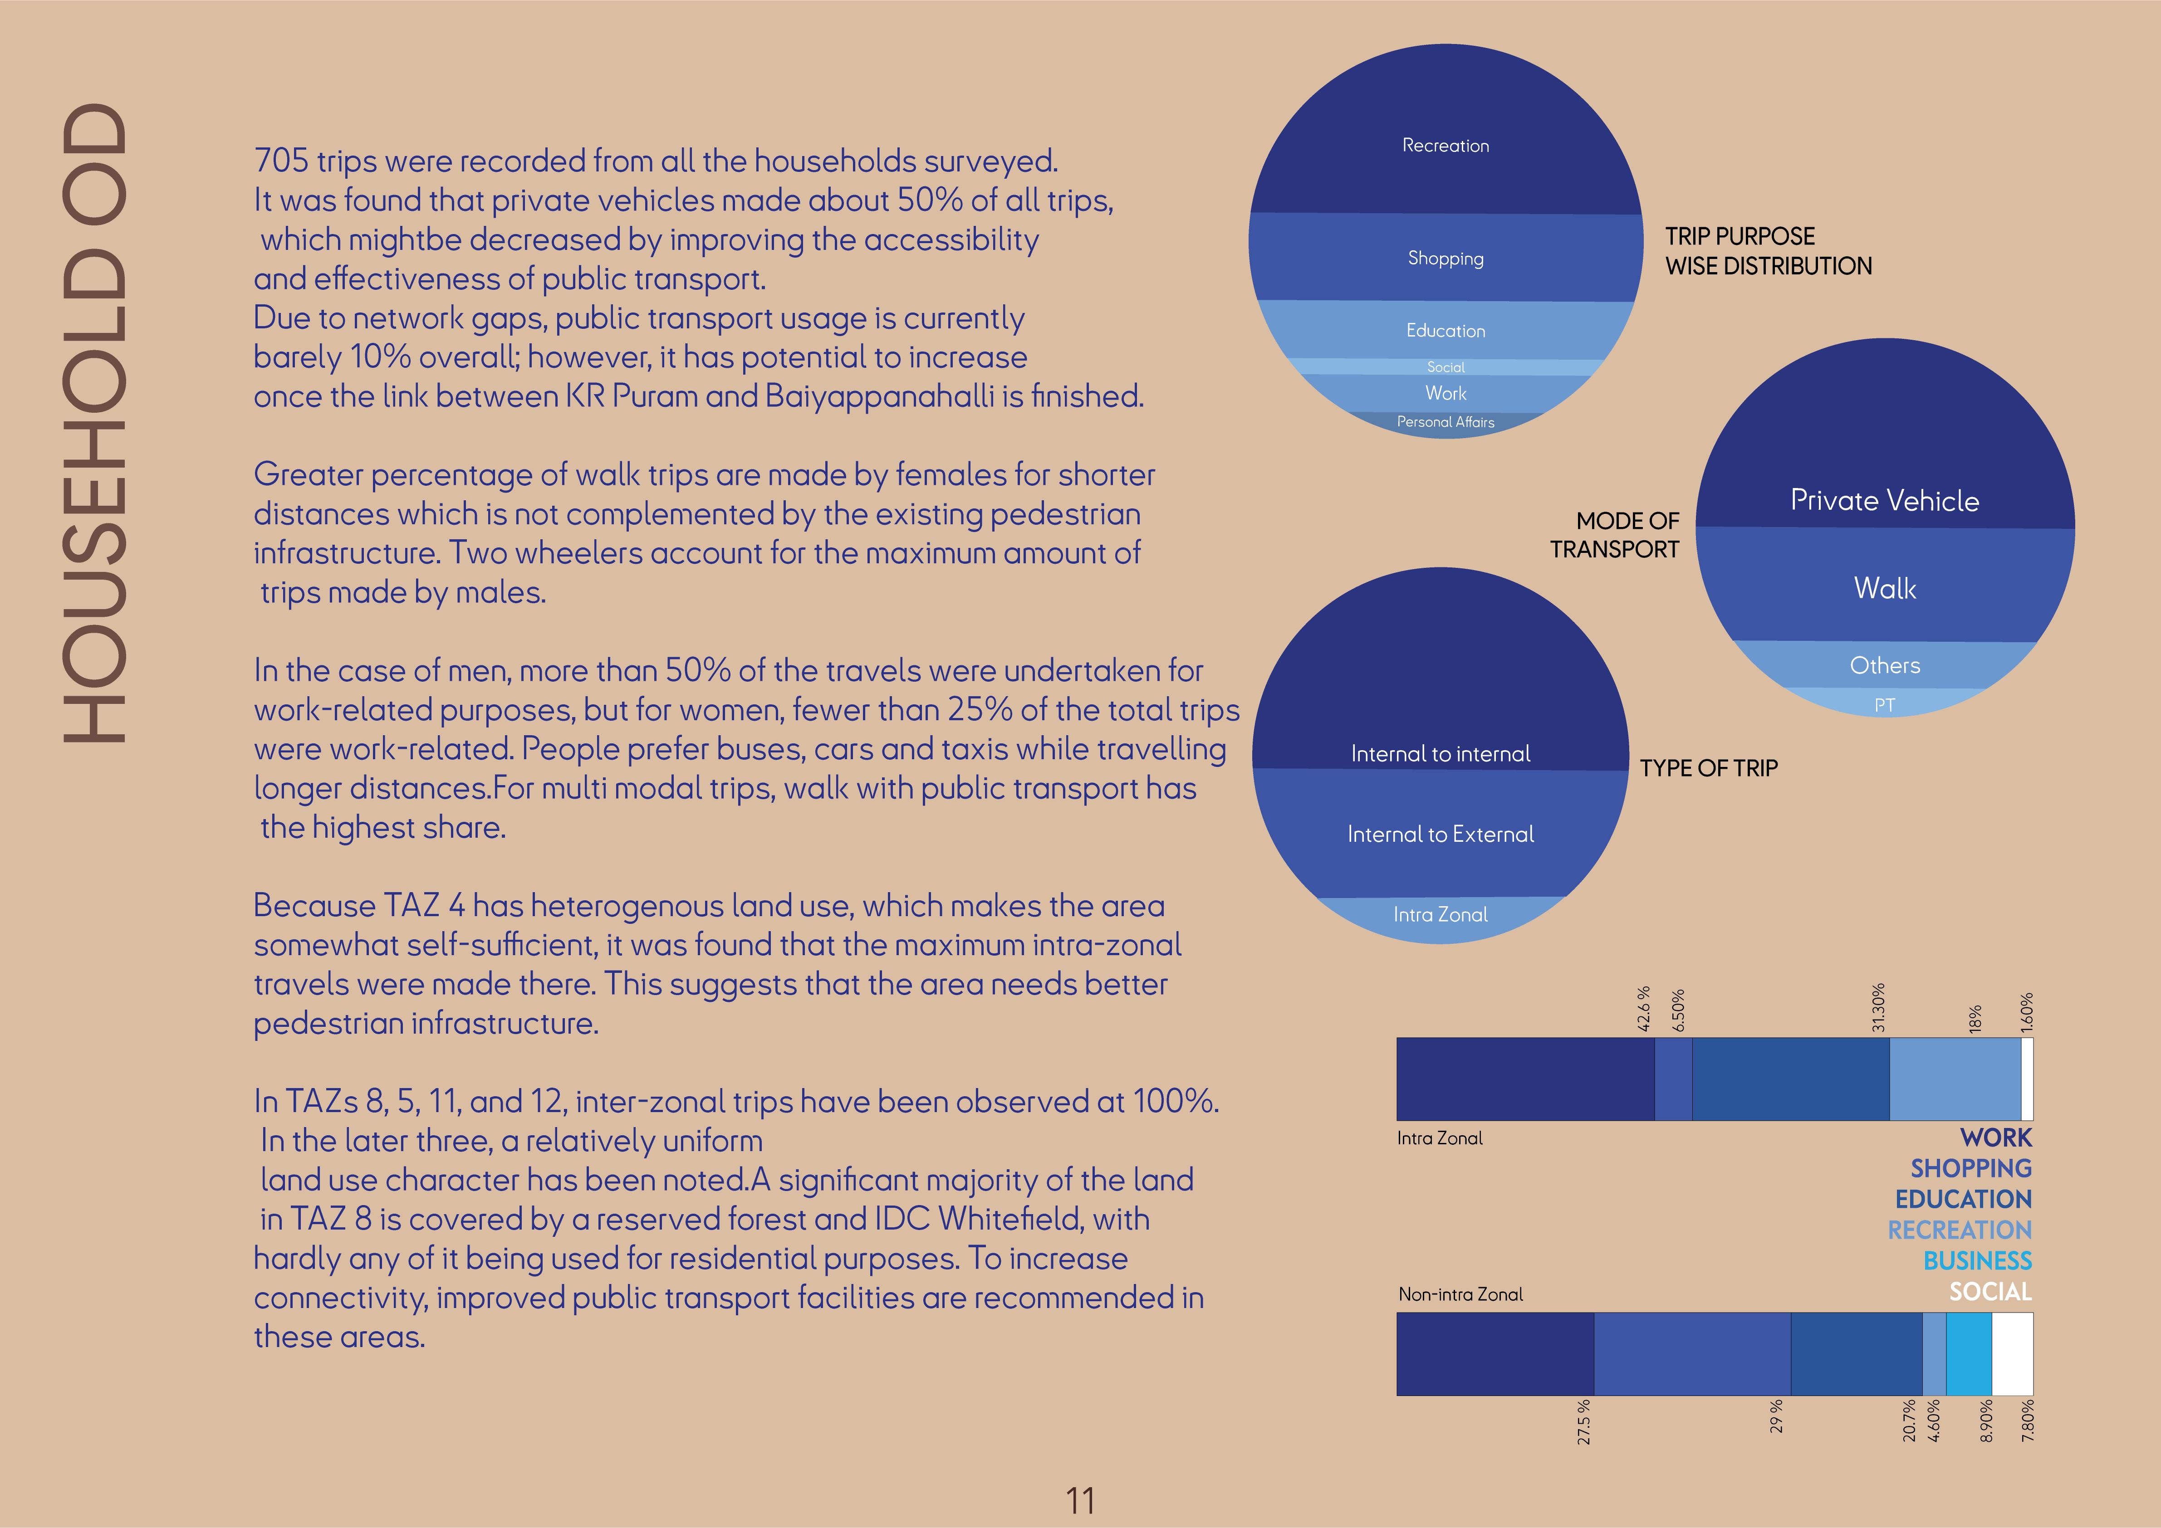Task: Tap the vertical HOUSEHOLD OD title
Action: pos(94,424)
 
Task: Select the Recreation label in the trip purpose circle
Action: pos(1446,146)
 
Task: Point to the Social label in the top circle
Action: pos(1446,367)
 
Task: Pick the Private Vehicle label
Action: pos(1884,501)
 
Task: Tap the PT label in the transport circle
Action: pos(1884,705)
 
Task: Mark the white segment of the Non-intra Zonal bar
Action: pos(2012,1354)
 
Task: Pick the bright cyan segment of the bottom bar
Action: pos(1968,1354)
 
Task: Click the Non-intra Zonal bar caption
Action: pos(1460,1295)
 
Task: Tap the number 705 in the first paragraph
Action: pos(281,161)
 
